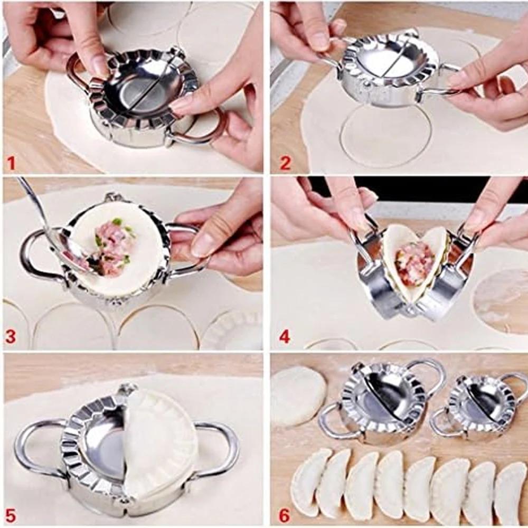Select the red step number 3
[11, 336]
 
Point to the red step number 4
[285, 336]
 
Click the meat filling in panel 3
[112, 249]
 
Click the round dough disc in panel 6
[298, 395]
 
